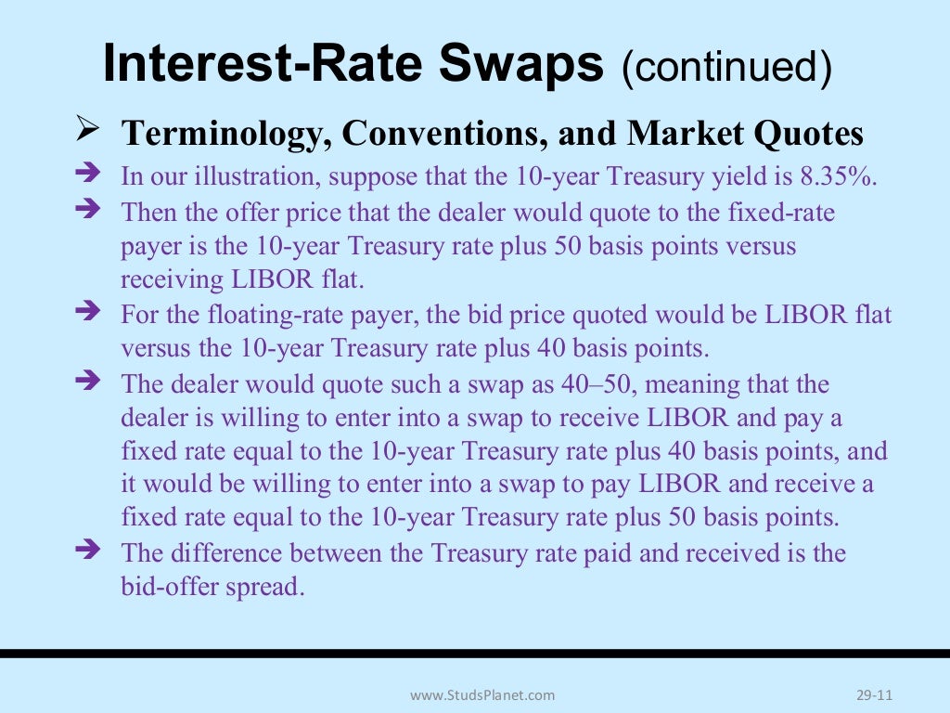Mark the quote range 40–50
coord(593,383)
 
